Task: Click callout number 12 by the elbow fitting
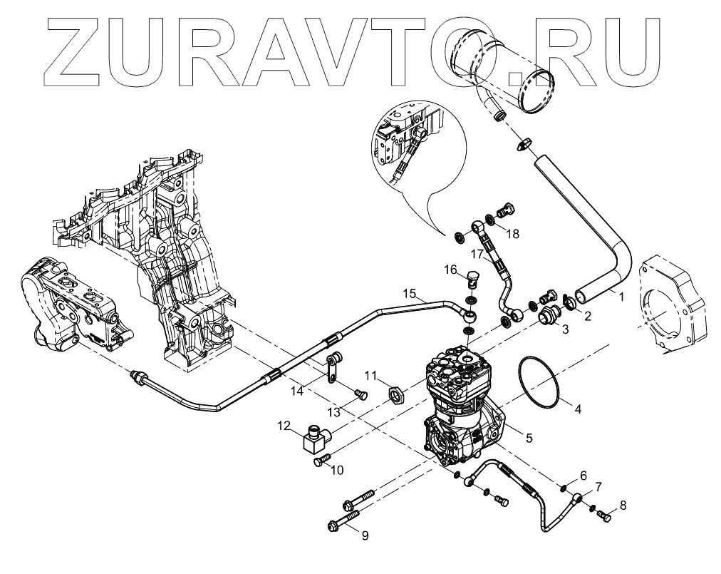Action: click(x=284, y=426)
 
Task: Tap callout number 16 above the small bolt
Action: click(x=450, y=270)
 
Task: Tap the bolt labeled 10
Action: click(x=319, y=463)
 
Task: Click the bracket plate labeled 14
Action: click(x=331, y=370)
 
